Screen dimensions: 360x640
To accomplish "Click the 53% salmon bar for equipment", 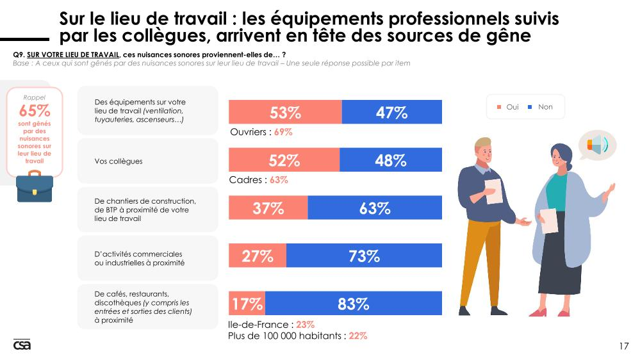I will tap(285, 112).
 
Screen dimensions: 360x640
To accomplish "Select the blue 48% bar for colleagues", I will tap(391, 160).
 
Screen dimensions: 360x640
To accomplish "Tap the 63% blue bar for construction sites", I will tap(375, 208).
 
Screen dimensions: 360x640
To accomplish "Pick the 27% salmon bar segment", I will tap(258, 256).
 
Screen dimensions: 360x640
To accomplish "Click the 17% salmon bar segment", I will tap(247, 304).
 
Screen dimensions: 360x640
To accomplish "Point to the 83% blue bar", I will tap(354, 304).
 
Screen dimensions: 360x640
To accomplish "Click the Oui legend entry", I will tap(507, 107).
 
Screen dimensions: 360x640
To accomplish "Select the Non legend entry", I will tap(541, 107).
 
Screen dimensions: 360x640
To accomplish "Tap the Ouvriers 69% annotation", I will tap(261, 132).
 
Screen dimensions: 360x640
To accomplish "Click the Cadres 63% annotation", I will tap(258, 180).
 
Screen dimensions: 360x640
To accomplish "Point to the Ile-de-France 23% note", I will tap(271, 325).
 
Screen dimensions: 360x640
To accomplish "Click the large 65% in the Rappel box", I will tap(35, 111).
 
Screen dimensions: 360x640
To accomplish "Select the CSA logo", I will tap(22, 345).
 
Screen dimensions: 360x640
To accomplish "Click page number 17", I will tap(623, 347).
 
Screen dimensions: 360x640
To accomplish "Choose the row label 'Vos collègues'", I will tap(119, 161).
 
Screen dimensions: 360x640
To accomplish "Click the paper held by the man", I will tap(493, 191).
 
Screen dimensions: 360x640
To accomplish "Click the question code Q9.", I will tap(18, 55).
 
